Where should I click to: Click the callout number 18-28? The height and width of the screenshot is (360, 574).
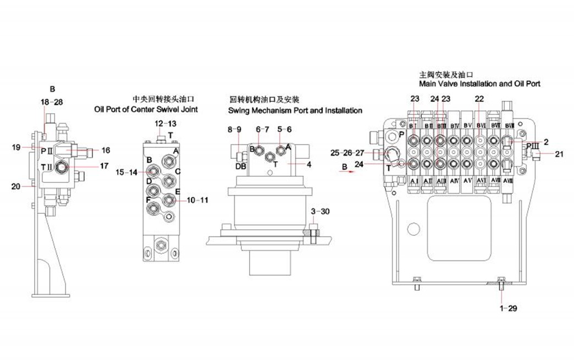click(52, 102)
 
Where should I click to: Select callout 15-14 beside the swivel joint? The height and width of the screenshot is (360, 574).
click(126, 173)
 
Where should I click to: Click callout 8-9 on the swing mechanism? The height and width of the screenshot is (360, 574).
click(235, 129)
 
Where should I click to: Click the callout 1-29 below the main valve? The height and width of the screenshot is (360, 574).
click(508, 308)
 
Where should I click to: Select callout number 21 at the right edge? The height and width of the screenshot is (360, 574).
click(559, 154)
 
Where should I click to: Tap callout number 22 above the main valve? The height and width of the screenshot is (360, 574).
click(479, 99)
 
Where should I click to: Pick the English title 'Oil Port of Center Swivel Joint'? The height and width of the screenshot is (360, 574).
click(146, 110)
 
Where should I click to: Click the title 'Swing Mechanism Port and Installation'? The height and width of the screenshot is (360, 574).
click(295, 110)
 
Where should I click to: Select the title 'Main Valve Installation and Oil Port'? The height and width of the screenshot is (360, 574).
click(479, 84)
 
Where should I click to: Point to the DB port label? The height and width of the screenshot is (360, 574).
click(241, 166)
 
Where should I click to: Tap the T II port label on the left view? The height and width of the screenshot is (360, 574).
click(47, 167)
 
